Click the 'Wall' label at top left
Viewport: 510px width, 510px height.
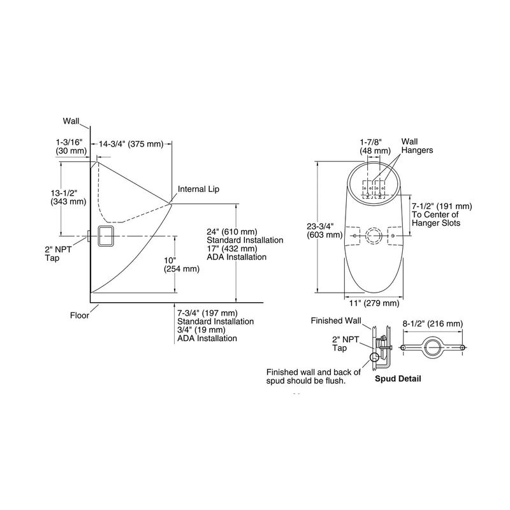71,121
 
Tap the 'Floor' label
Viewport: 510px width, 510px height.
79,315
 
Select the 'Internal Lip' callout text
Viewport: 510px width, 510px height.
198,189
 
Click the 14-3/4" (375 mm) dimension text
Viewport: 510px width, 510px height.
131,144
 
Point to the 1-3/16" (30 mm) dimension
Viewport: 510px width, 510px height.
71,147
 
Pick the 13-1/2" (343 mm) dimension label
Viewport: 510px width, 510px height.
68,197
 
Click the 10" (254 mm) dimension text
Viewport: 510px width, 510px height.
182,265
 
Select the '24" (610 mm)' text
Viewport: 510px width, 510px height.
232,231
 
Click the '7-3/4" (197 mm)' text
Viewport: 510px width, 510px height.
207,313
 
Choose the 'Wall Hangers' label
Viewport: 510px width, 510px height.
417,146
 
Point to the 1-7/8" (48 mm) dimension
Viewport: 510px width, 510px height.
375,147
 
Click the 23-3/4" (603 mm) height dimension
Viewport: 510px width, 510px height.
324,230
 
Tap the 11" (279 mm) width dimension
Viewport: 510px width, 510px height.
374,303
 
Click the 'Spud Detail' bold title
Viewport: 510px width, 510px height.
398,379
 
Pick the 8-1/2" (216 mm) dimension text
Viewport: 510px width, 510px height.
433,324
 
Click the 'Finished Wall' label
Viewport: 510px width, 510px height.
336,321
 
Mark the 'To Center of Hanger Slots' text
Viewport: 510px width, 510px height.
436,219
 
